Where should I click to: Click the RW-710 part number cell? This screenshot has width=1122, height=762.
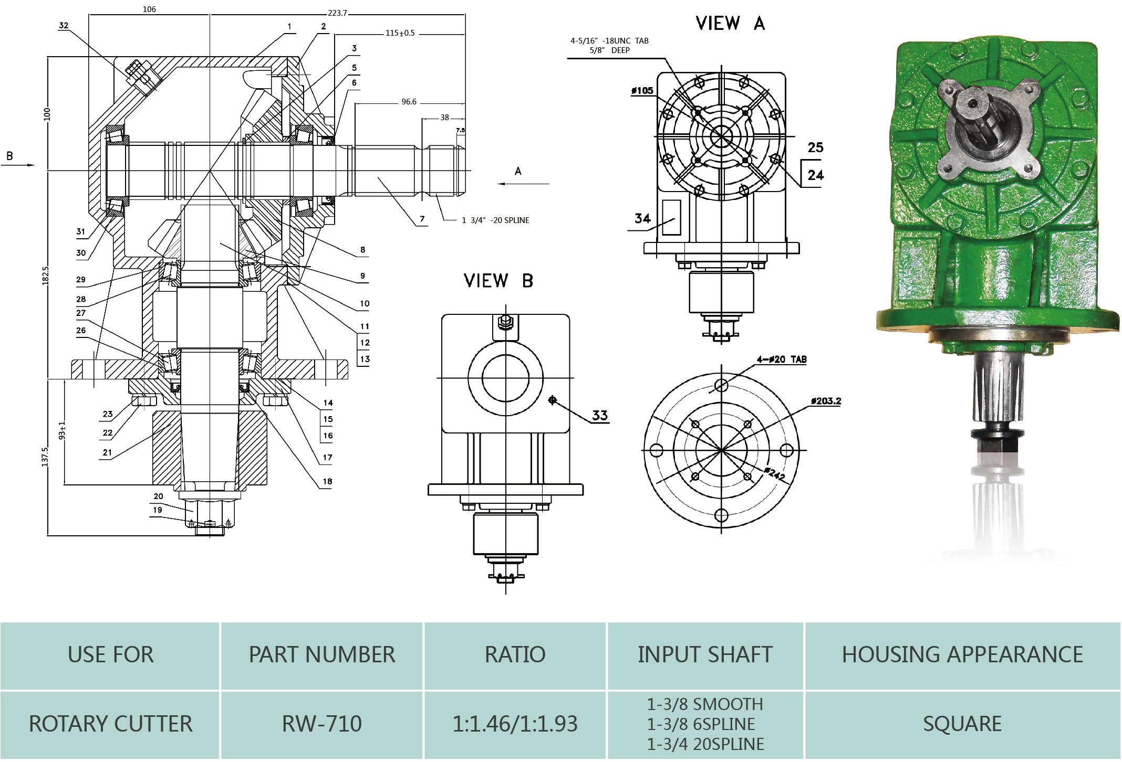pos(321,724)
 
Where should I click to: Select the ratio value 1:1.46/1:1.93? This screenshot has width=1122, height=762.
pos(515,724)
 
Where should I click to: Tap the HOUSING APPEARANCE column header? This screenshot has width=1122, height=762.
pos(962,654)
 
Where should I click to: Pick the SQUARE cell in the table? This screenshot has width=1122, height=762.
pos(962,724)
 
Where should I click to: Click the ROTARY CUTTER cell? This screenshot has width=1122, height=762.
pos(110,724)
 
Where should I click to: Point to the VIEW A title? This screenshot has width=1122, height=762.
pos(730,24)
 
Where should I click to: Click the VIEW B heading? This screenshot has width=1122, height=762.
pos(498,281)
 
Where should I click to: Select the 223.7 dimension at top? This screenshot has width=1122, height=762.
pos(337,13)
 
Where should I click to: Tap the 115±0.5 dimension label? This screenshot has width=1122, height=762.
pos(400,33)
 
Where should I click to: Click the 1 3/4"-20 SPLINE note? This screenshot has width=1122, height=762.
pos(495,220)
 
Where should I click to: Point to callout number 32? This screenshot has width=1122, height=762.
pos(64,25)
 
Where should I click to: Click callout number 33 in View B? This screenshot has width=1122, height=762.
pos(599,416)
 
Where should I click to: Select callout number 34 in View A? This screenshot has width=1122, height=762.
pos(642,218)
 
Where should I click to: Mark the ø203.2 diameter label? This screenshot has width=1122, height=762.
pos(826,401)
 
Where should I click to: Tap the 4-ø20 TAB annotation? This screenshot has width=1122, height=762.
pos(781,359)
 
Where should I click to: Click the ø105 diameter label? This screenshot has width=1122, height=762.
pos(642,91)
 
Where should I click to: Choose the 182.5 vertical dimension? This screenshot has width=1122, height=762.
pos(45,276)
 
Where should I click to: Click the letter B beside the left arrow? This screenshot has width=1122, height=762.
pos(9,156)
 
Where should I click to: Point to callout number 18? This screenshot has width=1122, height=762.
pos(327,481)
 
